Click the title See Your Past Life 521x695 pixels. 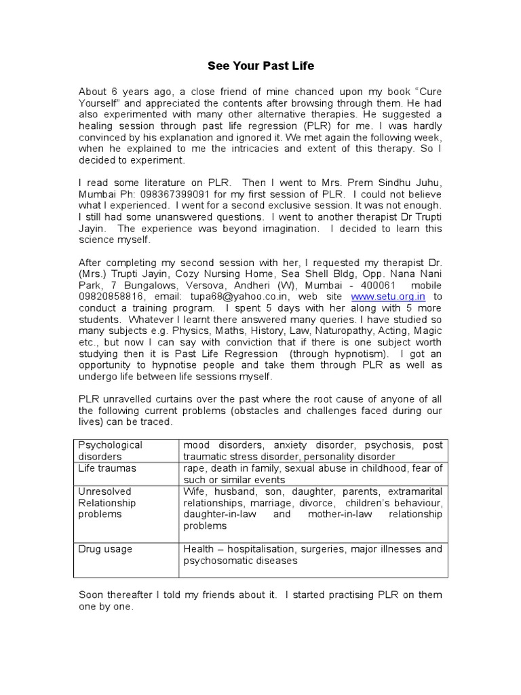(x=260, y=67)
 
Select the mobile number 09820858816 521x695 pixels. (x=111, y=297)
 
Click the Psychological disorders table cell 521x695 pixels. (x=111, y=451)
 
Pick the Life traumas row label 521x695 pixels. (x=107, y=468)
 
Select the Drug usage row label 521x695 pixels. (x=105, y=548)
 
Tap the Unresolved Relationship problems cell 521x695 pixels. (x=107, y=502)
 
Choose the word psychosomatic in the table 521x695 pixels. (x=216, y=561)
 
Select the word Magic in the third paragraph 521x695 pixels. (x=427, y=331)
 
